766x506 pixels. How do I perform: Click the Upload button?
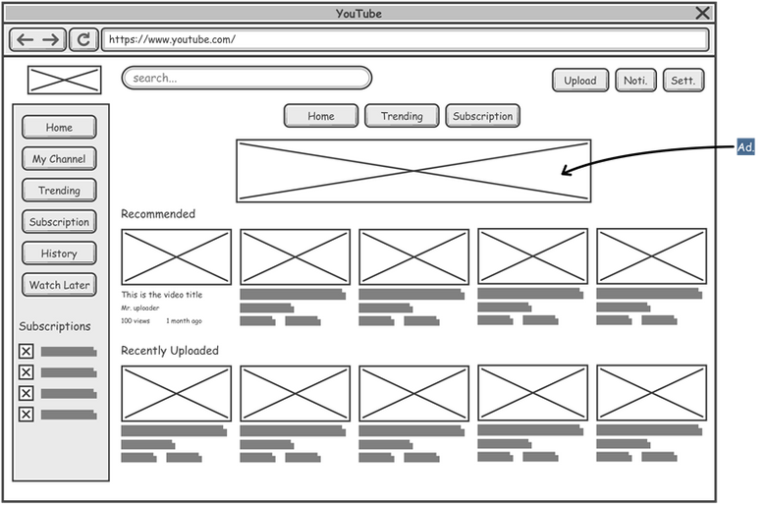pyautogui.click(x=580, y=81)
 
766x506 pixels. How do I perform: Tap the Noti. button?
pyautogui.click(x=635, y=81)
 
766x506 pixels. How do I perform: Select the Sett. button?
pyautogui.click(x=683, y=81)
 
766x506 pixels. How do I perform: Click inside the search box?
pyautogui.click(x=246, y=79)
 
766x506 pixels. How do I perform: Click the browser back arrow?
pyautogui.click(x=25, y=39)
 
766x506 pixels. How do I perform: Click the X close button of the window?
pyautogui.click(x=702, y=13)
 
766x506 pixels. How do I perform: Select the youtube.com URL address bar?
pyautogui.click(x=405, y=39)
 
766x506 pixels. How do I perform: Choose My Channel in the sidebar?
pyautogui.click(x=59, y=159)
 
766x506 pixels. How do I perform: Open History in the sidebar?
pyautogui.click(x=59, y=253)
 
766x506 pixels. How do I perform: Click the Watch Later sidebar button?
pyautogui.click(x=59, y=285)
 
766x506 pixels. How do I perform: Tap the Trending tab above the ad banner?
pyautogui.click(x=402, y=116)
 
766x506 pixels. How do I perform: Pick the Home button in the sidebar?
pyautogui.click(x=59, y=127)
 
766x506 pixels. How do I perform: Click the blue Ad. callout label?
pyautogui.click(x=745, y=147)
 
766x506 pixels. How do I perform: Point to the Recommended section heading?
pyautogui.click(x=158, y=213)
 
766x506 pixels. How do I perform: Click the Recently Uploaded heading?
pyautogui.click(x=170, y=351)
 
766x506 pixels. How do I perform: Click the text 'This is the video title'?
pyautogui.click(x=162, y=295)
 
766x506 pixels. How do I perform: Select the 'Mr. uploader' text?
pyautogui.click(x=140, y=308)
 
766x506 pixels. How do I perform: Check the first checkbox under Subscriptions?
pyautogui.click(x=26, y=351)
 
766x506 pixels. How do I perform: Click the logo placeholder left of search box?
pyautogui.click(x=65, y=80)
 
